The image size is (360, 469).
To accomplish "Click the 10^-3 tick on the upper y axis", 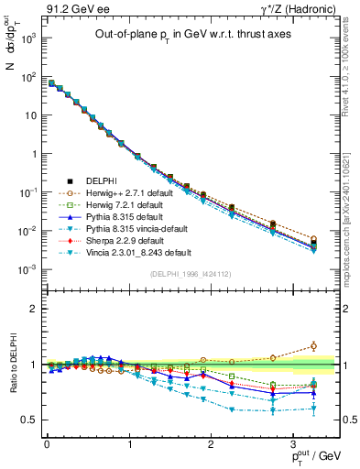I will pyautogui.click(x=28, y=268).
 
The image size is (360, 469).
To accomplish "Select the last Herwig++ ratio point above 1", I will pyautogui.click(x=313, y=345).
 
